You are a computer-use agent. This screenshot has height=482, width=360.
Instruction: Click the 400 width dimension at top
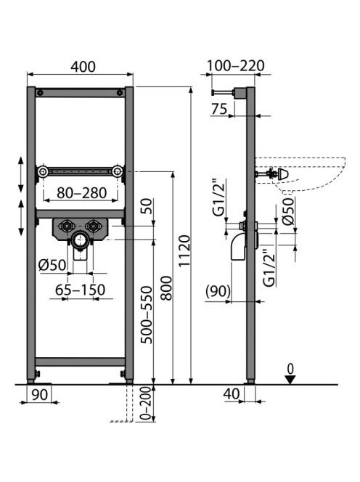point(83,67)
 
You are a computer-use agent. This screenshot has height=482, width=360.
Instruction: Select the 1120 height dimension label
point(185,250)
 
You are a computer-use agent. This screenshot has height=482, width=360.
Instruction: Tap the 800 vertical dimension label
point(167,288)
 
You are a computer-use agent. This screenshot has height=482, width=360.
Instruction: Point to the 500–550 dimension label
point(147,314)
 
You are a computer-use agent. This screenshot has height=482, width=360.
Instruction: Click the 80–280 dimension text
point(82,193)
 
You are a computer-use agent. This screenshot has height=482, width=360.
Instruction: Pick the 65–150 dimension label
point(81,290)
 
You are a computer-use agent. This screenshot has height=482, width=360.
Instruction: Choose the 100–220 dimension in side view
point(235,66)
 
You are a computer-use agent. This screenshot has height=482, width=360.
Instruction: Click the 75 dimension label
point(219,109)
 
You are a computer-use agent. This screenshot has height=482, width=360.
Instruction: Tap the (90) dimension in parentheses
point(218,291)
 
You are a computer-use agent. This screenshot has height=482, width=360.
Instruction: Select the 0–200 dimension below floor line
point(147,404)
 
